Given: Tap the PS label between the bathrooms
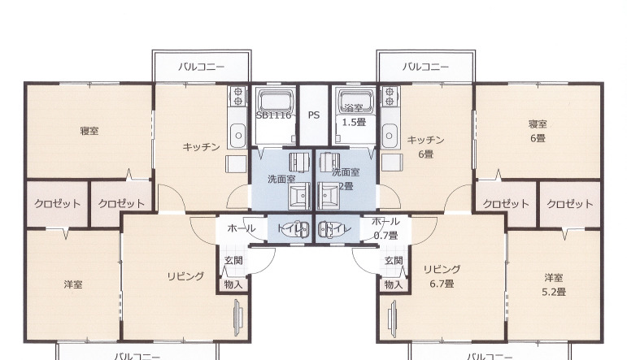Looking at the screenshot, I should pyautogui.click(x=313, y=115).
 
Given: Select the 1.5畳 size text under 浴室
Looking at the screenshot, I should pyautogui.click(x=354, y=123).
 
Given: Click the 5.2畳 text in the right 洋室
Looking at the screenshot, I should pyautogui.click(x=555, y=291).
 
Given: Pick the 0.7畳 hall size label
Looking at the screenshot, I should pyautogui.click(x=385, y=235).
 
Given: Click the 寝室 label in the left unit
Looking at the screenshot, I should pyautogui.click(x=89, y=131).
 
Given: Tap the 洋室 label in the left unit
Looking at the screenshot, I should pyautogui.click(x=73, y=284).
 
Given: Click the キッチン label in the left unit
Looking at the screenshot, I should pyautogui.click(x=201, y=147).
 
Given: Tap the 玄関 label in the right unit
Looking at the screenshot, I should pyautogui.click(x=394, y=261).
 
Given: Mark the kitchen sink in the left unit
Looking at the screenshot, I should pyautogui.click(x=237, y=133).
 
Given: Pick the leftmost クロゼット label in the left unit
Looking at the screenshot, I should pyautogui.click(x=57, y=203).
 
